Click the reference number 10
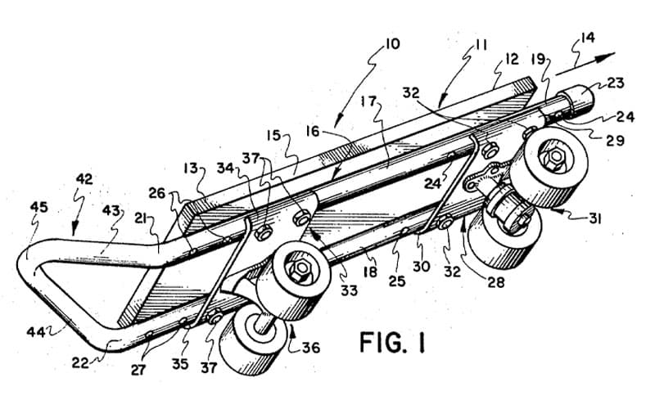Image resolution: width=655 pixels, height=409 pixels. point(391,44)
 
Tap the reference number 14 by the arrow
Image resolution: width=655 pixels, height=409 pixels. point(587,38)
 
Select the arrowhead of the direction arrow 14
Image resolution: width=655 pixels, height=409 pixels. point(605,56)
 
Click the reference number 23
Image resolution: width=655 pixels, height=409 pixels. point(616,83)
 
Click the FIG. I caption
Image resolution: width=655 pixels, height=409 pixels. point(392,342)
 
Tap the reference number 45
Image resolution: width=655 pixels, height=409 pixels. point(38,207)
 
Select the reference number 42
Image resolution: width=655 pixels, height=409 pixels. point(84,179)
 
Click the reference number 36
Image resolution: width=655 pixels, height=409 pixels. point(311,347)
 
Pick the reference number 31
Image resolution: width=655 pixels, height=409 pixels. point(594,218)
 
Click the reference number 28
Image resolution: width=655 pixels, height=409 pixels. point(495,282)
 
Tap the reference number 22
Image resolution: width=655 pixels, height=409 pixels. point(80,362)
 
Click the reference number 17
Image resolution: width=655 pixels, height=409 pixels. point(368,101)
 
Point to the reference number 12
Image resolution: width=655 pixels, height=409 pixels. point(511,59)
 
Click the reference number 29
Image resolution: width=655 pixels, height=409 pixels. point(615,140)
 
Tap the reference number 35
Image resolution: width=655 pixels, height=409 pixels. point(180,364)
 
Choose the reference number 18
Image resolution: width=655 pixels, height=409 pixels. point(370,272)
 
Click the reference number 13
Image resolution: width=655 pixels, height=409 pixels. point(190,169)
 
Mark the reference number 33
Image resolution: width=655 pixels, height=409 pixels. point(349,290)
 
